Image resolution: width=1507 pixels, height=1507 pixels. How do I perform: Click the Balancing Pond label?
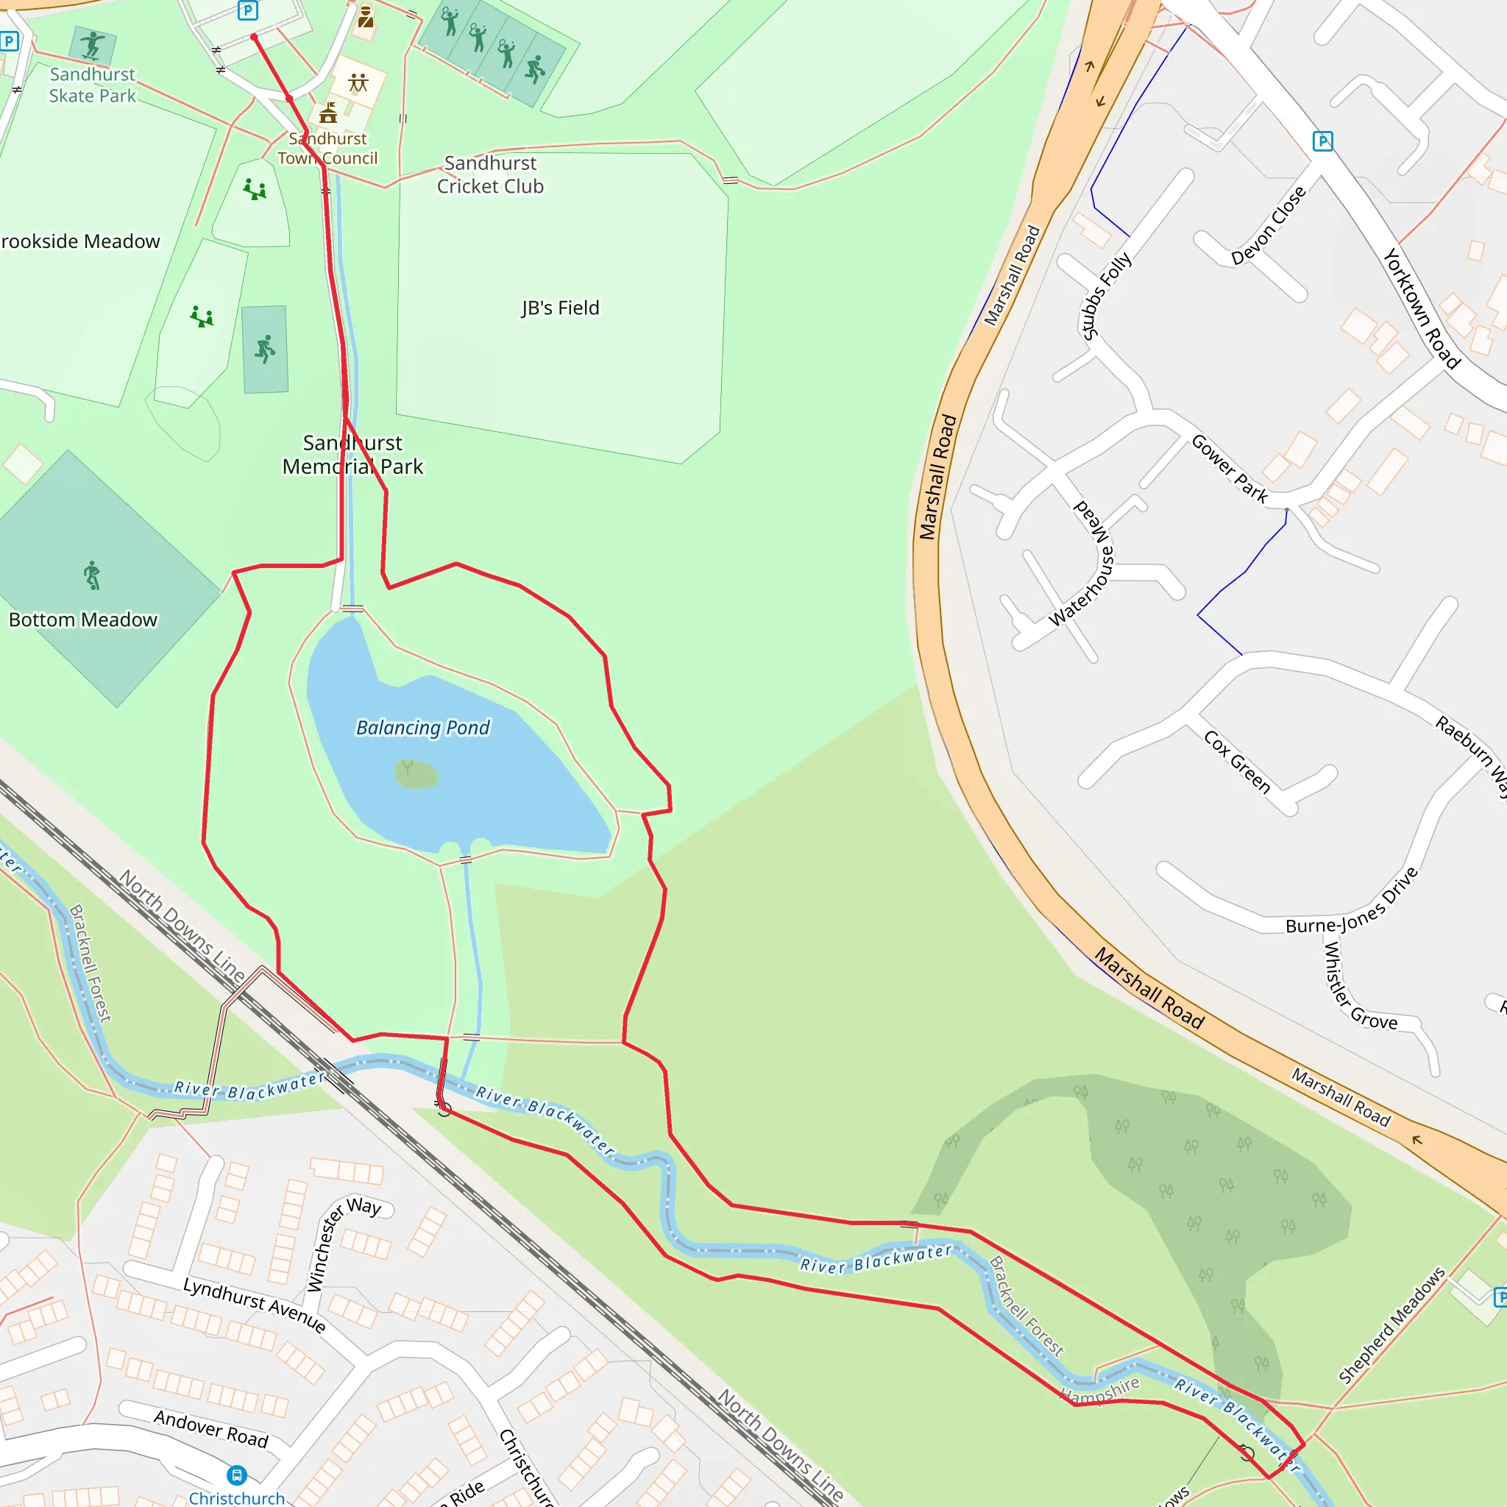423,728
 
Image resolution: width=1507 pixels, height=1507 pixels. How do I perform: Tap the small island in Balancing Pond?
416,775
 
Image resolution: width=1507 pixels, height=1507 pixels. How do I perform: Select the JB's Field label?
560,308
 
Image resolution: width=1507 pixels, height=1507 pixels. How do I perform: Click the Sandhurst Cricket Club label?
490,174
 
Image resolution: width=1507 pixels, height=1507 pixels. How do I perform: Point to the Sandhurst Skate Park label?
92,85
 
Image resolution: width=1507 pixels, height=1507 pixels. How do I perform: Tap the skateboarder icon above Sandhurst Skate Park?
92,45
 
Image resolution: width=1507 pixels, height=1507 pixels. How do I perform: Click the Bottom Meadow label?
83,620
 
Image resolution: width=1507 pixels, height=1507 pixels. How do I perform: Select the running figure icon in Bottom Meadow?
92,575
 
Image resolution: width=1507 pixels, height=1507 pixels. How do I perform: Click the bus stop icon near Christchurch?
237,1475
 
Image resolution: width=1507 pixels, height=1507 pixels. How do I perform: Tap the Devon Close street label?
1269,225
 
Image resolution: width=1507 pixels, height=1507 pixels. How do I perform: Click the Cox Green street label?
1237,762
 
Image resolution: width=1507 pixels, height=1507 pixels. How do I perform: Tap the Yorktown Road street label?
1421,308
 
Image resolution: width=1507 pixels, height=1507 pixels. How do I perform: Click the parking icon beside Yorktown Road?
1323,141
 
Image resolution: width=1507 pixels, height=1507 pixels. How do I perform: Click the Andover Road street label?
210,1428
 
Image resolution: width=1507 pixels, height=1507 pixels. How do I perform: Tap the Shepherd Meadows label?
1391,1325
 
